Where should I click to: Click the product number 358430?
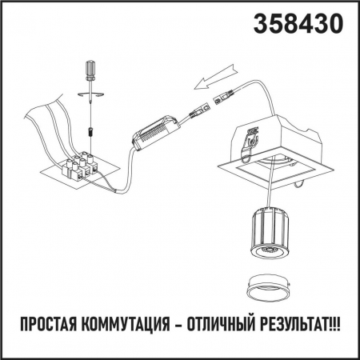pyautogui.click(x=298, y=24)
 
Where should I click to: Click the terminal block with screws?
pyautogui.click(x=80, y=166)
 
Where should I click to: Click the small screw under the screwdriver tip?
pyautogui.click(x=91, y=126)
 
